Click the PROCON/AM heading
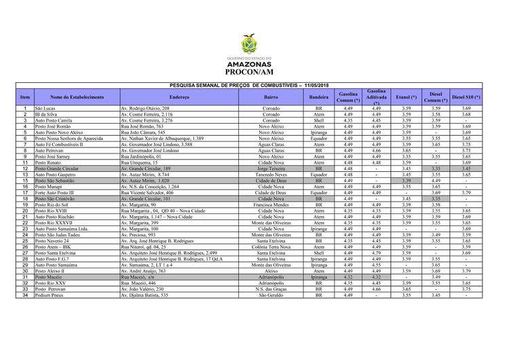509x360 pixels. [x=254, y=71]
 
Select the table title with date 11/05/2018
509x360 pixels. [x=254, y=84]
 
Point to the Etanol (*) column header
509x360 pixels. [x=406, y=98]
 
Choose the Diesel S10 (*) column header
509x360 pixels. [x=466, y=98]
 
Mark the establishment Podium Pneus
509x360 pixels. [x=50, y=295]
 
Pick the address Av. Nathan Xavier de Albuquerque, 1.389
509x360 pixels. [x=162, y=138]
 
